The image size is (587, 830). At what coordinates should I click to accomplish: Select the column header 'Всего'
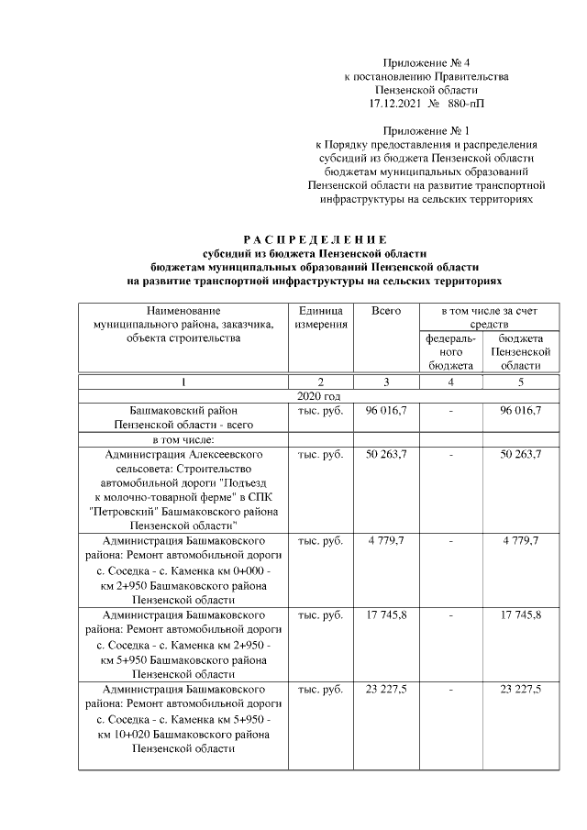pyautogui.click(x=386, y=312)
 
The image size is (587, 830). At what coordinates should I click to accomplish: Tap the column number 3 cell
pyautogui.click(x=386, y=382)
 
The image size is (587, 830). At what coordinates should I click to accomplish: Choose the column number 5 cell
pyautogui.click(x=520, y=382)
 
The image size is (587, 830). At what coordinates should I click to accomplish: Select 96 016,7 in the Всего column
pyautogui.click(x=386, y=410)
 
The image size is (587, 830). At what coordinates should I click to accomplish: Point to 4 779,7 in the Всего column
pyautogui.click(x=386, y=541)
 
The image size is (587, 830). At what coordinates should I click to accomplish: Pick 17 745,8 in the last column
pyautogui.click(x=520, y=614)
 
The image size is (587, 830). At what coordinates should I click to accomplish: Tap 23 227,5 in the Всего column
pyautogui.click(x=386, y=688)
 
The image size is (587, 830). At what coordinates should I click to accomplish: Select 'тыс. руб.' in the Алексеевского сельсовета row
pyautogui.click(x=320, y=454)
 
